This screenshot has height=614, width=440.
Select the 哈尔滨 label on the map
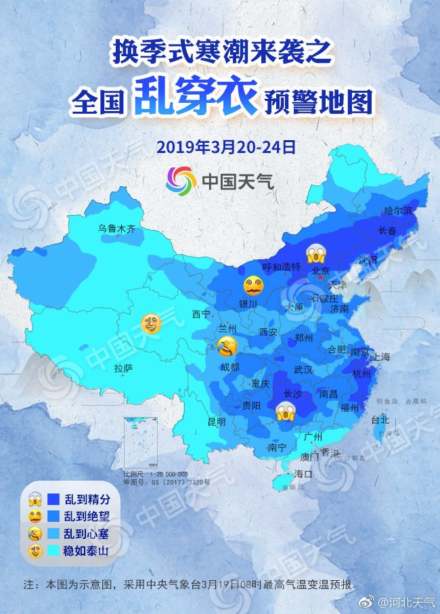[x=397, y=211]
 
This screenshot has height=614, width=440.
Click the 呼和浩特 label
[x=281, y=267]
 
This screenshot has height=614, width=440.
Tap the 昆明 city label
[x=217, y=421]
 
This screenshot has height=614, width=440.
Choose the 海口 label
[x=303, y=474]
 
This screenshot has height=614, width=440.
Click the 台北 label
[x=380, y=420]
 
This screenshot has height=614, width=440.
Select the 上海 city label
[x=381, y=356]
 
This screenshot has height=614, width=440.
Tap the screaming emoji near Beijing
[x=316, y=253]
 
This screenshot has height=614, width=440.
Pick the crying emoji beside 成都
[x=227, y=347]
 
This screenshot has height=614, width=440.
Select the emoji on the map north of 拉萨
[x=150, y=324]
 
